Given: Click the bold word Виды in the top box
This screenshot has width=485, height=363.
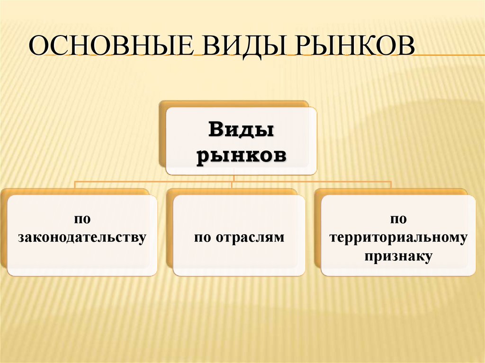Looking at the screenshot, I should click(241, 130).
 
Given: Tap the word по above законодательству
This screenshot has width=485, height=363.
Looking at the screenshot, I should click(81, 219).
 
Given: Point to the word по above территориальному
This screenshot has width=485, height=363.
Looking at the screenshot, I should click(399, 219).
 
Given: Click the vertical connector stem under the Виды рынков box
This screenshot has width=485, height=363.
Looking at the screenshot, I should click(234, 178).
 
